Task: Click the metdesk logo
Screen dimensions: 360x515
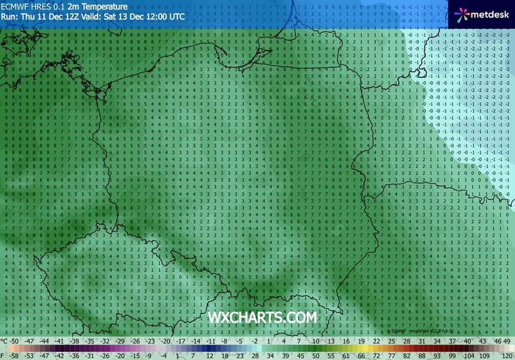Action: (x=482, y=13)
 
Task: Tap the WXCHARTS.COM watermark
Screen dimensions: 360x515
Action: (x=262, y=318)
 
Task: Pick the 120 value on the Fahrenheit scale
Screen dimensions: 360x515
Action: (x=506, y=355)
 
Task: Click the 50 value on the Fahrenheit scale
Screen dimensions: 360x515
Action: (x=314, y=355)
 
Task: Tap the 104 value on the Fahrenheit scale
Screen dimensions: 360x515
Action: (x=467, y=355)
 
